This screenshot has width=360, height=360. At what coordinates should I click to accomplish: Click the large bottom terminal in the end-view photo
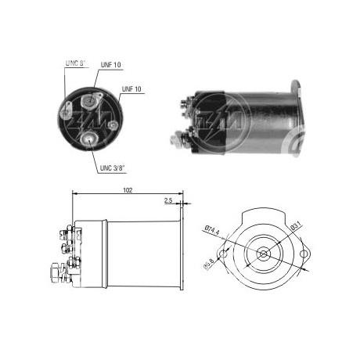tap(92, 138)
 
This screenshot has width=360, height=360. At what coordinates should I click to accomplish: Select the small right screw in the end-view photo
tap(113, 124)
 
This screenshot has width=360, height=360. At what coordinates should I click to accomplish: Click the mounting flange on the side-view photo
tap(297, 117)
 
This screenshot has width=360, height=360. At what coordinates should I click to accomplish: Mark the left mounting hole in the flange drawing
tap(225, 254)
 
